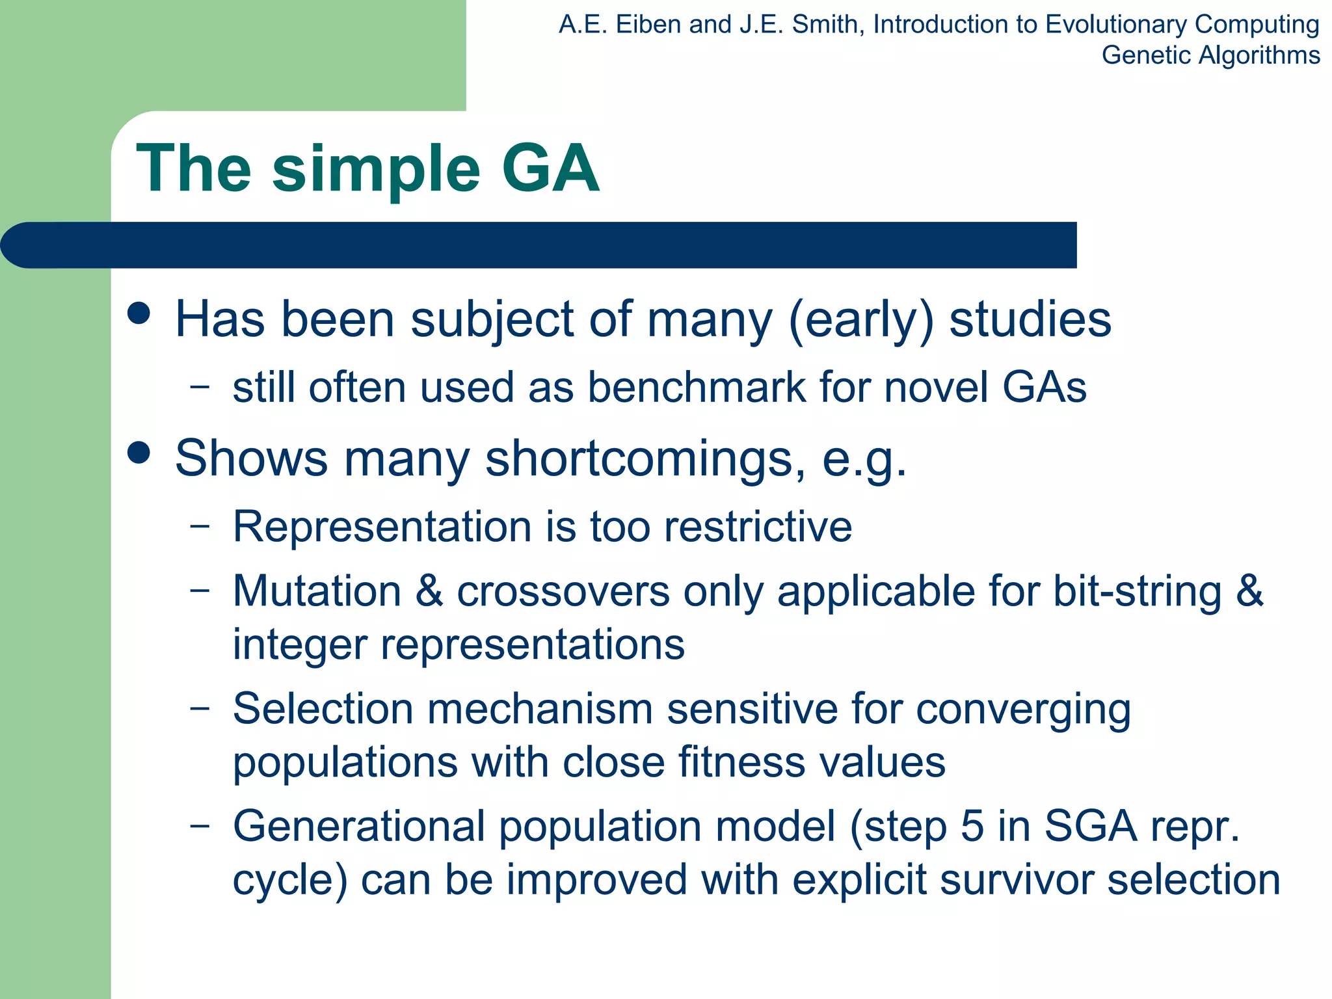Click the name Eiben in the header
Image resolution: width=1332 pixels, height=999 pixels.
pyautogui.click(x=648, y=25)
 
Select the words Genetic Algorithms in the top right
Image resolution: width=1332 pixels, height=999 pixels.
pyautogui.click(x=1210, y=55)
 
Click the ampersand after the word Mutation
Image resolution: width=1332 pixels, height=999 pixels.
pyautogui.click(x=429, y=591)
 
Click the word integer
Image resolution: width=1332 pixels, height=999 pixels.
pyautogui.click(x=300, y=645)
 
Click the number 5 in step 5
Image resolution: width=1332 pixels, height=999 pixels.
pyautogui.click(x=972, y=827)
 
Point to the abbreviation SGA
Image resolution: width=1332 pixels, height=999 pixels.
pyautogui.click(x=1091, y=827)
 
